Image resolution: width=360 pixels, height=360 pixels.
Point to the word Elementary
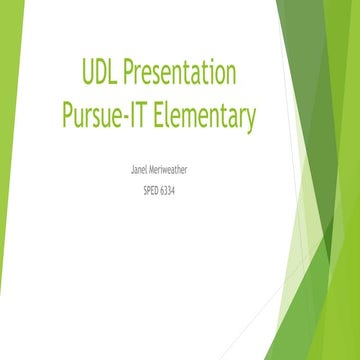206,117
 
